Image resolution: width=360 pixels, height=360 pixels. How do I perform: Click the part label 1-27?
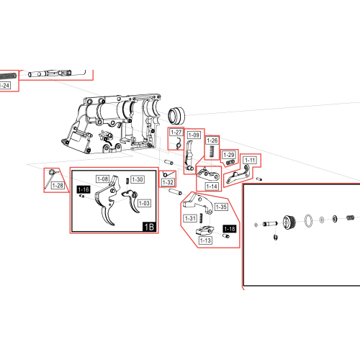point(176,132)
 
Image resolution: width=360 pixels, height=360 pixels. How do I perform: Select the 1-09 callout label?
point(194,135)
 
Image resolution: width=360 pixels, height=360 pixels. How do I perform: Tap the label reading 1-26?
point(212,140)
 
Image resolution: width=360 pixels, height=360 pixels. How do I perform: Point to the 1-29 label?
point(229,155)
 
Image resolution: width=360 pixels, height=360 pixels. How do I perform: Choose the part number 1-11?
point(250,160)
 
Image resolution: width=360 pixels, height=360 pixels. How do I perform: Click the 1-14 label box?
point(212,186)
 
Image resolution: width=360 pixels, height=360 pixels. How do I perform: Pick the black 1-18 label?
point(230,229)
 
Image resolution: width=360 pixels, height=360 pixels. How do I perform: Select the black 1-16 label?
point(84,189)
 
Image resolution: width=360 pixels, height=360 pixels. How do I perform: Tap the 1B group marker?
point(149,227)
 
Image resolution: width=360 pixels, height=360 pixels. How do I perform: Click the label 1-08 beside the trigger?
point(103,179)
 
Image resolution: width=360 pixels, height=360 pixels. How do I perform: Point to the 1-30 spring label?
point(138,179)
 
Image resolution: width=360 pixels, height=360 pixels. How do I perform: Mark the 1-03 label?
point(144,203)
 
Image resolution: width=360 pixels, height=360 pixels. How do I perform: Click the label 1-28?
point(58,186)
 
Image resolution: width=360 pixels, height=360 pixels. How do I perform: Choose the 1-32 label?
point(168,182)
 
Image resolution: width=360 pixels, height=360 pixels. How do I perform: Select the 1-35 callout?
point(221,207)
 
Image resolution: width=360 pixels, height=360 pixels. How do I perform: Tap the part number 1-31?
point(191,218)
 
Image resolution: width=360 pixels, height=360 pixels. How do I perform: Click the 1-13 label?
point(205,240)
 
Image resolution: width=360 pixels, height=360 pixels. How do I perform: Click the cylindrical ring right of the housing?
point(176,116)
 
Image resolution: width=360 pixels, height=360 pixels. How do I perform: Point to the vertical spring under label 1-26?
point(212,151)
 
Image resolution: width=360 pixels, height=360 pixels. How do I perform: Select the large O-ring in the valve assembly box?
point(308,220)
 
